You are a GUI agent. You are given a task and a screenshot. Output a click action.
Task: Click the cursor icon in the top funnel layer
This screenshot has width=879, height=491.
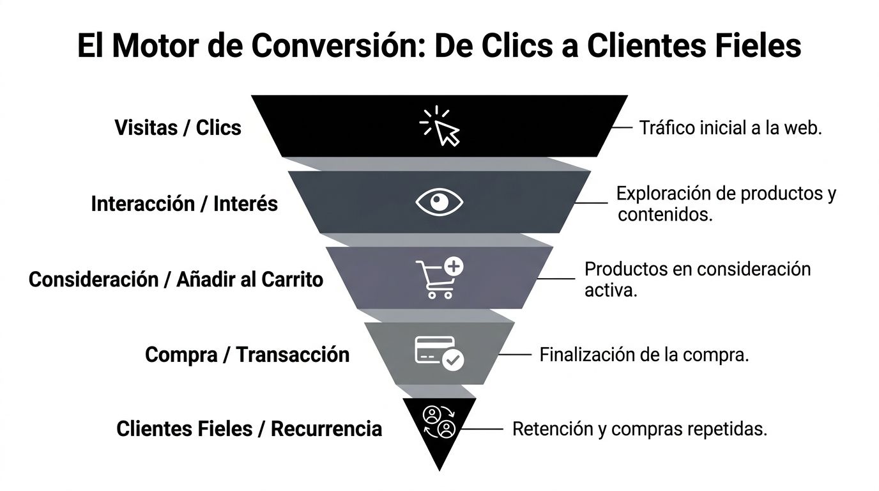[x=440, y=126]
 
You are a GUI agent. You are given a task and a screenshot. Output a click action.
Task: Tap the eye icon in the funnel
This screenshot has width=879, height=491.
[x=439, y=202]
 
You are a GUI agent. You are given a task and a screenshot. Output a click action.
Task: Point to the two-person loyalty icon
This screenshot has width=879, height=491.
[x=439, y=421]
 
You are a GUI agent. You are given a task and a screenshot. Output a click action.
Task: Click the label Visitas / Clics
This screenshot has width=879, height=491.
[x=178, y=127]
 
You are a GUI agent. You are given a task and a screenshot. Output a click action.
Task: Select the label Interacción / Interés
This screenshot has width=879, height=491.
[x=184, y=204]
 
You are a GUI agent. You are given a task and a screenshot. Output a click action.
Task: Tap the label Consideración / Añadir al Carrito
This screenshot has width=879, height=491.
[x=176, y=279]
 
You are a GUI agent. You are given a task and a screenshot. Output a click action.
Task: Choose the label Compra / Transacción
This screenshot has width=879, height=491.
[x=247, y=354]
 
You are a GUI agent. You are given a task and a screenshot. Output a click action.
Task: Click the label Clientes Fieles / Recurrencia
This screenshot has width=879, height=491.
[x=248, y=428]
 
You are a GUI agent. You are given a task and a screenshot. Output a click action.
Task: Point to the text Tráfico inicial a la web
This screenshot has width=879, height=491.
[x=730, y=127]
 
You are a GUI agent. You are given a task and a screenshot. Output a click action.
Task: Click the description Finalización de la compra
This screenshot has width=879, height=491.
[x=644, y=354]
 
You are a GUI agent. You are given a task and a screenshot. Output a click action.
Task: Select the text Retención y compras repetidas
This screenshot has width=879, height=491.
[x=639, y=429]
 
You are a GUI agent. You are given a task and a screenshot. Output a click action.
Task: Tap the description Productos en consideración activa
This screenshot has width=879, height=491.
[x=697, y=279]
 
